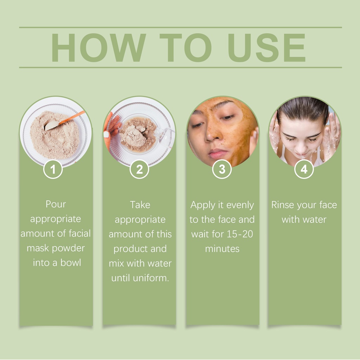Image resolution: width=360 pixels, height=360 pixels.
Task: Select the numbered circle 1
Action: [53, 169]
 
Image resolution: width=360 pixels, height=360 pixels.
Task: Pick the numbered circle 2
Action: [139, 169]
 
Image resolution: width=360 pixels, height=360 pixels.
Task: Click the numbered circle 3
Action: [222, 169]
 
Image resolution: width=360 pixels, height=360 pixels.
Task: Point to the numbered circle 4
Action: [304, 169]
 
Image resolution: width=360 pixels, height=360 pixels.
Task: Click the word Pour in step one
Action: [56, 204]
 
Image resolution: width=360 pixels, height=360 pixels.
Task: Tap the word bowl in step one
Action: [71, 262]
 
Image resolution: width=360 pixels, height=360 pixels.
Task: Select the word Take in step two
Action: [140, 205]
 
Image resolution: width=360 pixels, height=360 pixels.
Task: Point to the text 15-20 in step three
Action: [240, 234]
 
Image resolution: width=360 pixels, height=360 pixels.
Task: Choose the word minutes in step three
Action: [222, 249]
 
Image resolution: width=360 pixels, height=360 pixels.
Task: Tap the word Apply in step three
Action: [202, 205]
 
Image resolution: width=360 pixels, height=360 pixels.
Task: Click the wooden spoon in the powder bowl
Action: [65, 121]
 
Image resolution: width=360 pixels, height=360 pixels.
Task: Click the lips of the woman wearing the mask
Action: [217, 153]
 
